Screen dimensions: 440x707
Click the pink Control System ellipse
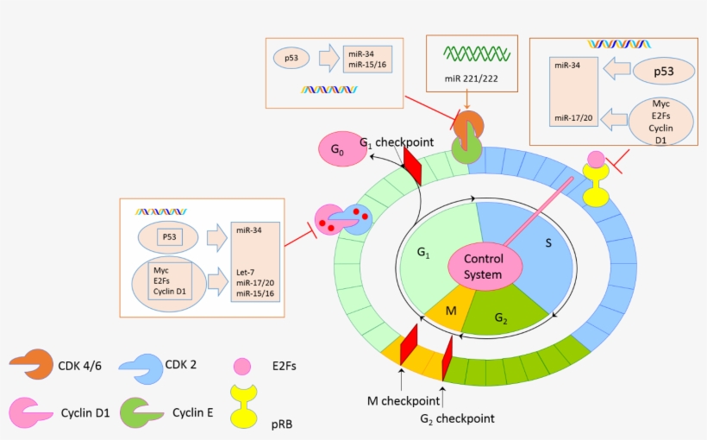[483, 267]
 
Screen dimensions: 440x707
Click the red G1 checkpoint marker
[412, 167]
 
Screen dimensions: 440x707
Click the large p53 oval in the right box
[663, 72]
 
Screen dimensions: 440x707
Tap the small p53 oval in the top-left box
[291, 58]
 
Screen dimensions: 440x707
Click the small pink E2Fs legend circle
[243, 367]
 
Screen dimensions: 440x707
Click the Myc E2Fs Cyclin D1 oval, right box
[662, 121]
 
